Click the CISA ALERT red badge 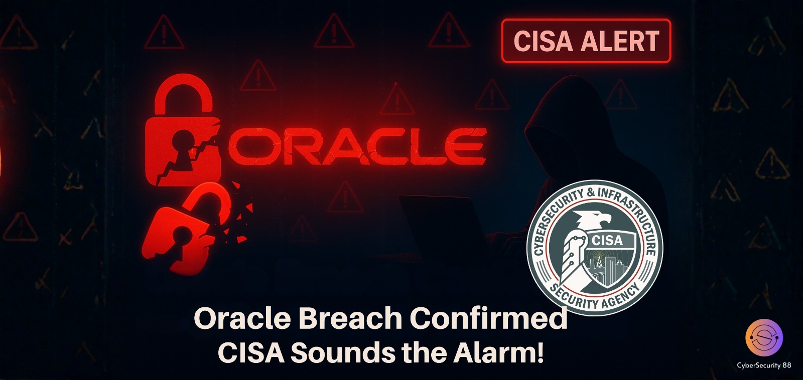point(586,41)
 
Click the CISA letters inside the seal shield point(607,240)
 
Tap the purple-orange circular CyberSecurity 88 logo point(764,338)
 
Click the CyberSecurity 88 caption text point(764,365)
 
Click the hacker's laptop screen point(442,226)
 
